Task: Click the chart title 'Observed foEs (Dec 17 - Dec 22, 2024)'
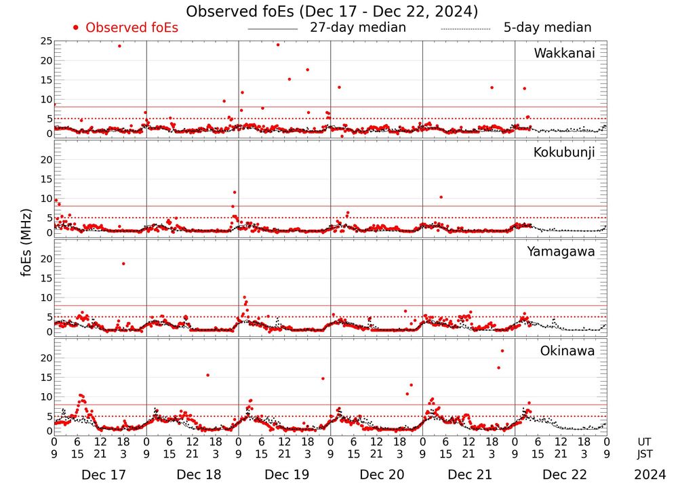(x=332, y=12)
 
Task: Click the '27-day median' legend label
(x=357, y=28)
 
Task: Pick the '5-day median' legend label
(x=547, y=28)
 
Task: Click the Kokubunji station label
(x=564, y=153)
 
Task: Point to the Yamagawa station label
(x=561, y=251)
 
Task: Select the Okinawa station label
(x=567, y=351)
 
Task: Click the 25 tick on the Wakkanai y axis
(x=47, y=41)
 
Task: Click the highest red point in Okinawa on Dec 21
(x=502, y=351)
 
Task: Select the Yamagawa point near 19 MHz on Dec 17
(x=123, y=264)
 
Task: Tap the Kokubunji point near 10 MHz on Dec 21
(x=441, y=197)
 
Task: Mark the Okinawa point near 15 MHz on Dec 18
(x=207, y=375)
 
